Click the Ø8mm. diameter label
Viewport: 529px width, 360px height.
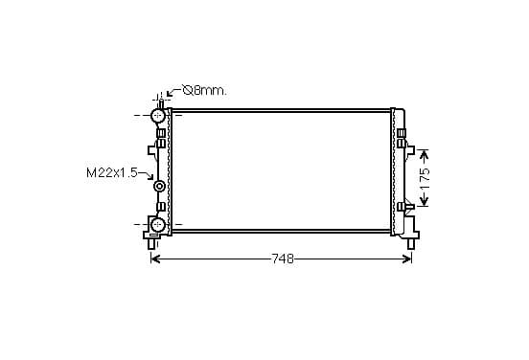point(204,90)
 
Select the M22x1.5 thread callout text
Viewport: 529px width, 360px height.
point(112,173)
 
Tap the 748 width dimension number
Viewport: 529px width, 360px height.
point(283,259)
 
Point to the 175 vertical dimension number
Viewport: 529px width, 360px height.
point(425,178)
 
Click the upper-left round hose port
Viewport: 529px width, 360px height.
point(157,116)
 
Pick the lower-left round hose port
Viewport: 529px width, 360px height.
point(157,224)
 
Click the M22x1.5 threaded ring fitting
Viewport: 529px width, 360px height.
point(159,186)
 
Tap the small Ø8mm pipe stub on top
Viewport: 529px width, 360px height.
point(161,103)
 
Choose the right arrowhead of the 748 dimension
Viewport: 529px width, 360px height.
point(407,259)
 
